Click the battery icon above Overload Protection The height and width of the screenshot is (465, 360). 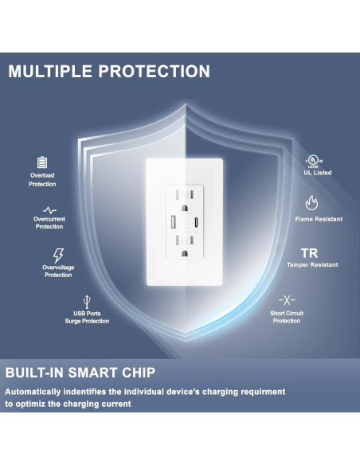[x=42, y=162]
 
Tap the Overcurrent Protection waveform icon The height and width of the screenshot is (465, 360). [x=49, y=209]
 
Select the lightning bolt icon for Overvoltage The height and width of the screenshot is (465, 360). [x=57, y=255]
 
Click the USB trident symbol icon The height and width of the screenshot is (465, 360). [x=86, y=303]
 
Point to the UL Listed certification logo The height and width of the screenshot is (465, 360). [x=318, y=161]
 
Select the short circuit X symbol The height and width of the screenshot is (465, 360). [x=287, y=299]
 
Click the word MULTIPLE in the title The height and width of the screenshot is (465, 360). [x=49, y=71]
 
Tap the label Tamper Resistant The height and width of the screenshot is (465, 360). [x=312, y=265]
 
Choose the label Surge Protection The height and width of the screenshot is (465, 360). [x=87, y=321]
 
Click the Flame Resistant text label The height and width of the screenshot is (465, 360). [x=319, y=219]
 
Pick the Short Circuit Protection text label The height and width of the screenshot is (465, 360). [x=287, y=317]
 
